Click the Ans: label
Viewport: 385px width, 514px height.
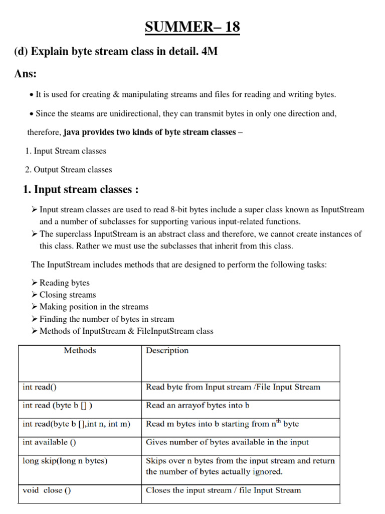pyautogui.click(x=26, y=74)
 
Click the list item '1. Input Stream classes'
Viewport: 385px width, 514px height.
pyautogui.click(x=66, y=151)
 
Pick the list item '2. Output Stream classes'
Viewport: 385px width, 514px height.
pyautogui.click(x=69, y=170)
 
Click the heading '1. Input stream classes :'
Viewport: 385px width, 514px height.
pyautogui.click(x=81, y=190)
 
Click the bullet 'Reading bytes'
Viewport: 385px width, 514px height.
pyautogui.click(x=65, y=283)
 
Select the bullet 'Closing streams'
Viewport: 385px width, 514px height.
pyautogui.click(x=68, y=295)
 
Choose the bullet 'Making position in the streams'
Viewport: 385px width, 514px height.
pyautogui.click(x=94, y=307)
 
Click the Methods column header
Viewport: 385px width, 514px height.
pyautogui.click(x=80, y=350)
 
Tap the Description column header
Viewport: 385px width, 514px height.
pyautogui.click(x=167, y=350)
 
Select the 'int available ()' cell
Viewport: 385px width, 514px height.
pyautogui.click(x=50, y=442)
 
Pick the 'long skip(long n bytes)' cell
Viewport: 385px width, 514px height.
pyautogui.click(x=65, y=461)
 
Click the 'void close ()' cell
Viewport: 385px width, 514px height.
pyautogui.click(x=47, y=490)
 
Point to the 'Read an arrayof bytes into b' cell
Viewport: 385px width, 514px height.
pyautogui.click(x=198, y=405)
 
